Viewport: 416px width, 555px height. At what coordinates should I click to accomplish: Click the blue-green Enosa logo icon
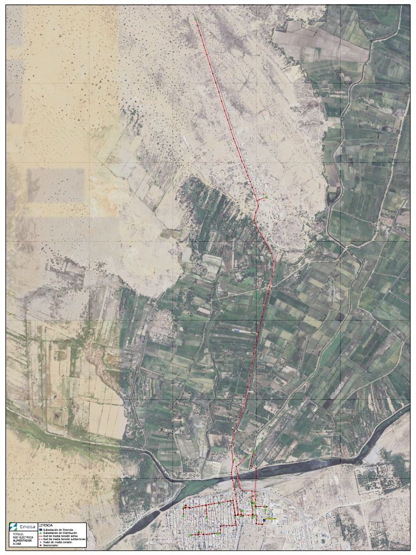12,527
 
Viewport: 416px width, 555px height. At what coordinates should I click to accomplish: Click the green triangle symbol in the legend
41,533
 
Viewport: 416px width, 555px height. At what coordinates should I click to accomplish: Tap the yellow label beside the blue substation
271,519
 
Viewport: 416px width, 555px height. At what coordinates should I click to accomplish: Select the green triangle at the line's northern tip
195,20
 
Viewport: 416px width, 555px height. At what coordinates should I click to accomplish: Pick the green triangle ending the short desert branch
266,197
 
